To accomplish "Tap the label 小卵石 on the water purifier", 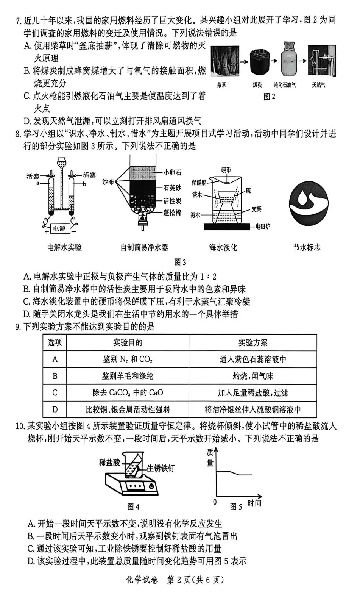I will pyautogui.click(x=172, y=172).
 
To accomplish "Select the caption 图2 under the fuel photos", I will pyautogui.click(x=269, y=97).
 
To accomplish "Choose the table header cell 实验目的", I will pyautogui.click(x=128, y=342).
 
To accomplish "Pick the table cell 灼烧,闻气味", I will pyautogui.click(x=252, y=376).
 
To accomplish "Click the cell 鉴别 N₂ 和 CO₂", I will pyautogui.click(x=128, y=359).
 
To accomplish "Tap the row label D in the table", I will pyautogui.click(x=55, y=409).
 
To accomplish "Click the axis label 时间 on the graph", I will pyautogui.click(x=254, y=503).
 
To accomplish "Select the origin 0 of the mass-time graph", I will pyautogui.click(x=215, y=502).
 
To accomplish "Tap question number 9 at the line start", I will pyautogui.click(x=18, y=327).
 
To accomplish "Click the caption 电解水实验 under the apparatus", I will pyautogui.click(x=64, y=247).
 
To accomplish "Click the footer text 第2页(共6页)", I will pyautogui.click(x=196, y=580).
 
